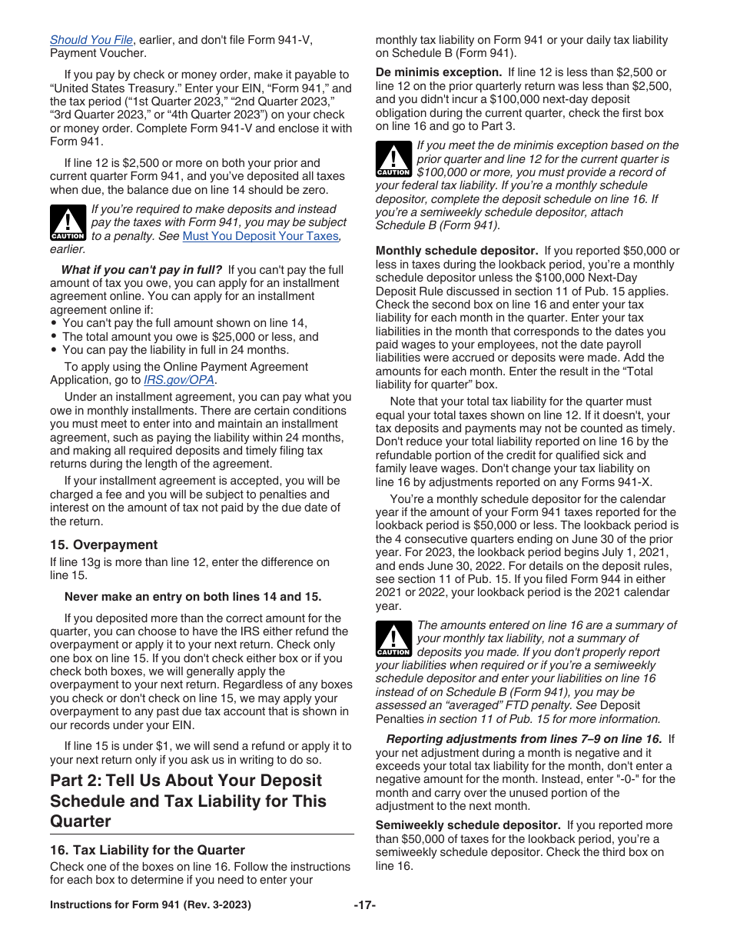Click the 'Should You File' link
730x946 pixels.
[91, 40]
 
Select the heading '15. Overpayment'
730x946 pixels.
[104, 545]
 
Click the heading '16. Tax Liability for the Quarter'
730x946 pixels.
[148, 850]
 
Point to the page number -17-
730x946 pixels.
[364, 905]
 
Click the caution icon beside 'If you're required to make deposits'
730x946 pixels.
[67, 223]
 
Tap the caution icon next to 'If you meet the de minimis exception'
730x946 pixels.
[393, 159]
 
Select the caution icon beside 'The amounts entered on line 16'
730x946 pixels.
[393, 639]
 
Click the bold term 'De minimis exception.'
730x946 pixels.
[438, 72]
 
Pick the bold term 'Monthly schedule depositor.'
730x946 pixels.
[456, 251]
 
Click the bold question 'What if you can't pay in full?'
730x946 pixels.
[141, 270]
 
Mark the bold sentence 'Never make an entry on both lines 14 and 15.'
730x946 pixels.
[193, 597]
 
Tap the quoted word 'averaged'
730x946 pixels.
[469, 706]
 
